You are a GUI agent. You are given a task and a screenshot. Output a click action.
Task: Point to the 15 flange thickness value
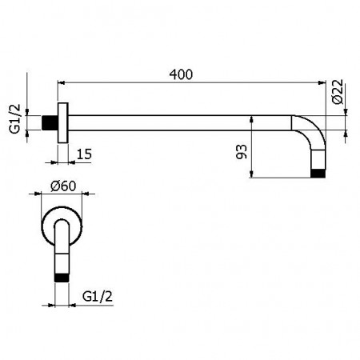[84, 151]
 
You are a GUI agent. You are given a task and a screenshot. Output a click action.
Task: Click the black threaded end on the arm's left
[52, 124]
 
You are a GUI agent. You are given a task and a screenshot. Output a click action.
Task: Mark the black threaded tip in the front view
[62, 277]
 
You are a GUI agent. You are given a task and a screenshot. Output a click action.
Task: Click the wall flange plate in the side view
[62, 124]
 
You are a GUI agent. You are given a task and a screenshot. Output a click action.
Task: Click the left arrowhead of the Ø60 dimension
[42, 194]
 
